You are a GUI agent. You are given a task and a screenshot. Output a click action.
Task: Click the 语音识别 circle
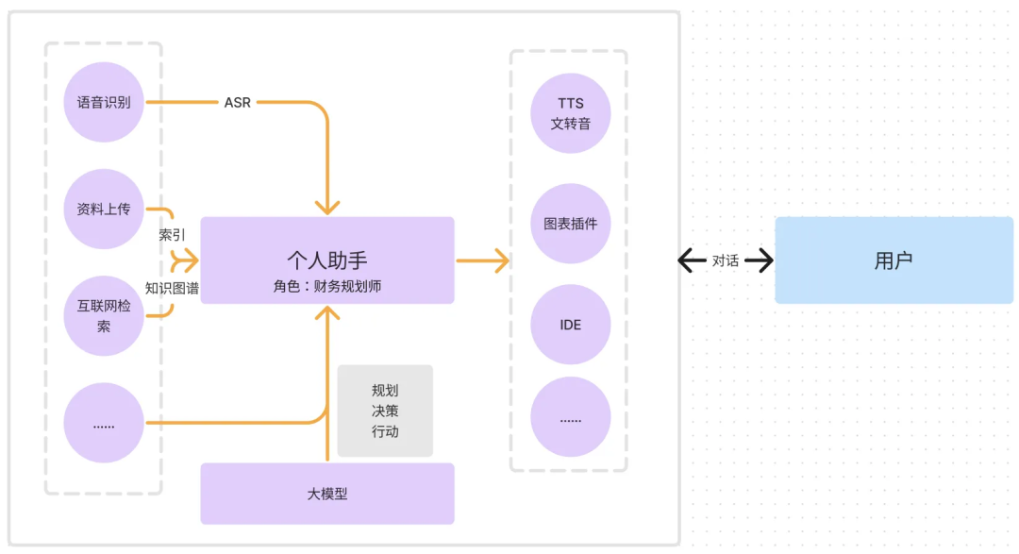coord(104,102)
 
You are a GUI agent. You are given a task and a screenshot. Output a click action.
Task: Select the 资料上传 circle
coord(104,209)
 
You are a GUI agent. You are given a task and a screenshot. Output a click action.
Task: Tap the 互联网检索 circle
coord(104,315)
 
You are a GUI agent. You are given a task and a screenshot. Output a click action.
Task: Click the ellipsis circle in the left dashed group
coord(104,423)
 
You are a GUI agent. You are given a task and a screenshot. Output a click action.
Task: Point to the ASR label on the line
coord(238,102)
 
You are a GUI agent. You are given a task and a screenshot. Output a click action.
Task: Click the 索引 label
coord(172,234)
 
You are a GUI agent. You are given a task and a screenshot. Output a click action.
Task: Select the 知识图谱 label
coord(172,288)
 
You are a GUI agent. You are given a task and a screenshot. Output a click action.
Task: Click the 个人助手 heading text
coord(327,260)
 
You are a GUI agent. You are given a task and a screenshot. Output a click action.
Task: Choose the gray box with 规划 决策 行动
coord(385,411)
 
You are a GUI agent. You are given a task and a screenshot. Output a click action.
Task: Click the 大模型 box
coord(327,493)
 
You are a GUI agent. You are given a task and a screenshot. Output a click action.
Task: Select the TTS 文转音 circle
coord(571,113)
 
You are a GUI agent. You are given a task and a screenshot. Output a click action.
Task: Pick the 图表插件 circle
coord(571,224)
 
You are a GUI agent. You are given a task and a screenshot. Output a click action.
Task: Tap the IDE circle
coord(571,325)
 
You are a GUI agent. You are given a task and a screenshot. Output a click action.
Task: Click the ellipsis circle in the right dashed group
coord(571,417)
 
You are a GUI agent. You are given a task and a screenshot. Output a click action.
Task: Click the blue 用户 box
coord(894,260)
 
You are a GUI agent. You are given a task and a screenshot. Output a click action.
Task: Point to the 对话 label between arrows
coord(725,260)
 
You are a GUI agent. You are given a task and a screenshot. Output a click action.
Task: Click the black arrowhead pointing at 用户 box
coord(762,260)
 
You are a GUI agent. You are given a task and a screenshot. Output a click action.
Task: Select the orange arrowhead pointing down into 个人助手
coord(327,206)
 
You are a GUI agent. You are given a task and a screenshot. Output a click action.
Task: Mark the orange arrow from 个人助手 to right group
coord(482,260)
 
